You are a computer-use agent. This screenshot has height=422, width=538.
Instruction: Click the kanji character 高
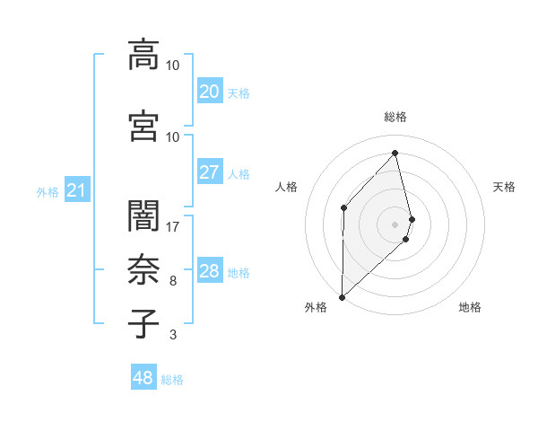pyautogui.click(x=143, y=55)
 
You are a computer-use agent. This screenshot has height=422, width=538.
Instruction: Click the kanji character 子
pyautogui.click(x=143, y=324)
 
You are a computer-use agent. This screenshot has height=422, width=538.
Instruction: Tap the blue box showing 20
pyautogui.click(x=209, y=91)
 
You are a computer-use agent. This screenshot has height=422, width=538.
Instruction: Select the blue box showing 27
pyautogui.click(x=209, y=172)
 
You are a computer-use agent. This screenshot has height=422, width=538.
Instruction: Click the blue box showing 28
pyautogui.click(x=209, y=271)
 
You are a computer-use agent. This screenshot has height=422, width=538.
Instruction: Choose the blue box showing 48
pyautogui.click(x=143, y=378)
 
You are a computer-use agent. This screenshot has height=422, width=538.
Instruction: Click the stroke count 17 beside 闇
pyautogui.click(x=173, y=227)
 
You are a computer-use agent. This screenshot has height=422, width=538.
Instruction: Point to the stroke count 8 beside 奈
pyautogui.click(x=173, y=281)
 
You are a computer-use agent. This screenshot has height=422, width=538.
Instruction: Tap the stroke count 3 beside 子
pyautogui.click(x=173, y=335)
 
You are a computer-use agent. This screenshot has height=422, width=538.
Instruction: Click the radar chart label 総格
pyautogui.click(x=395, y=117)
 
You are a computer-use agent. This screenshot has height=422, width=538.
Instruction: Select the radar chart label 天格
pyautogui.click(x=505, y=187)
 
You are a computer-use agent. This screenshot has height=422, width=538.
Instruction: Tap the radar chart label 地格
pyautogui.click(x=470, y=307)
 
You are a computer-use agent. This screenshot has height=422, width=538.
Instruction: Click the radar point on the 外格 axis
pyautogui.click(x=342, y=296)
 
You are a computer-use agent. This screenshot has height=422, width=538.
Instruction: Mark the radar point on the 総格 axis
pyautogui.click(x=395, y=154)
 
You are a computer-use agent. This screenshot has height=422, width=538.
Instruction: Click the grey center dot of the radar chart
pyautogui.click(x=395, y=224)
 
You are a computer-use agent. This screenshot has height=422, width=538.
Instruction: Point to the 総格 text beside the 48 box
pyautogui.click(x=172, y=380)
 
